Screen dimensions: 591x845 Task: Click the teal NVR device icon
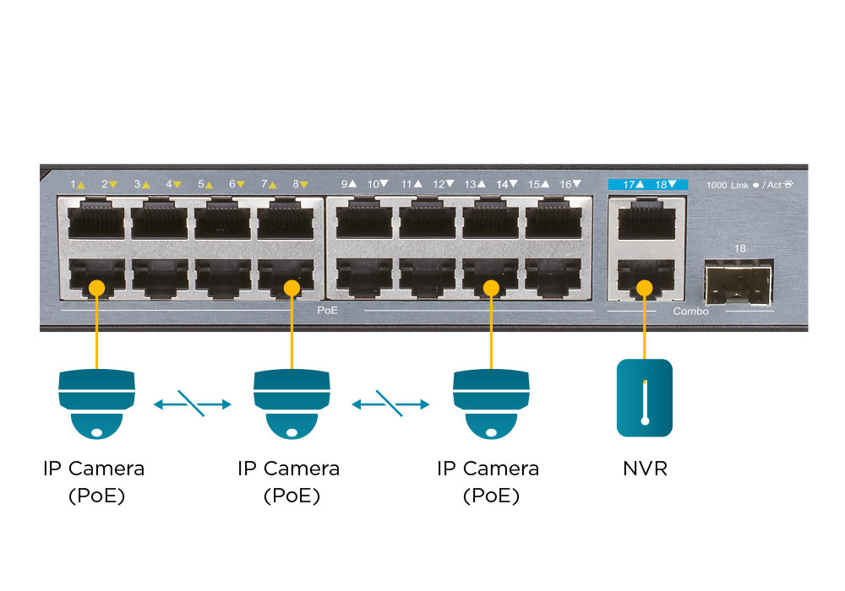click(x=645, y=398)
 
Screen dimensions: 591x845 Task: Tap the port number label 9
click(x=345, y=183)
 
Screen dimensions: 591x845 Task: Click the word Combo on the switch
click(x=690, y=312)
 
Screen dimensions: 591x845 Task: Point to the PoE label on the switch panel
click(x=328, y=312)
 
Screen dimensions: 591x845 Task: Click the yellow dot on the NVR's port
click(x=645, y=288)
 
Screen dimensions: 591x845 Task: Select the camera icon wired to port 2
click(x=96, y=404)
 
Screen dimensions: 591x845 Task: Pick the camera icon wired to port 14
click(x=491, y=404)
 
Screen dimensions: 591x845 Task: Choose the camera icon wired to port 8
click(x=292, y=404)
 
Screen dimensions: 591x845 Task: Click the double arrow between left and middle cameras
click(x=193, y=404)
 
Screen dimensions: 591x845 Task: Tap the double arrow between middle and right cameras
click(x=390, y=404)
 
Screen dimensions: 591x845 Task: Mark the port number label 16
click(x=565, y=183)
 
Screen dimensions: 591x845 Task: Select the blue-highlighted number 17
click(x=629, y=183)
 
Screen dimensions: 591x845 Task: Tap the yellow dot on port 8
click(x=292, y=288)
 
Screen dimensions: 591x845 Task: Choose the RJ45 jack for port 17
click(x=646, y=222)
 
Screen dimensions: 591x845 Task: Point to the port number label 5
click(x=201, y=183)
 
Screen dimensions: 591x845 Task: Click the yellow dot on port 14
click(x=491, y=288)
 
